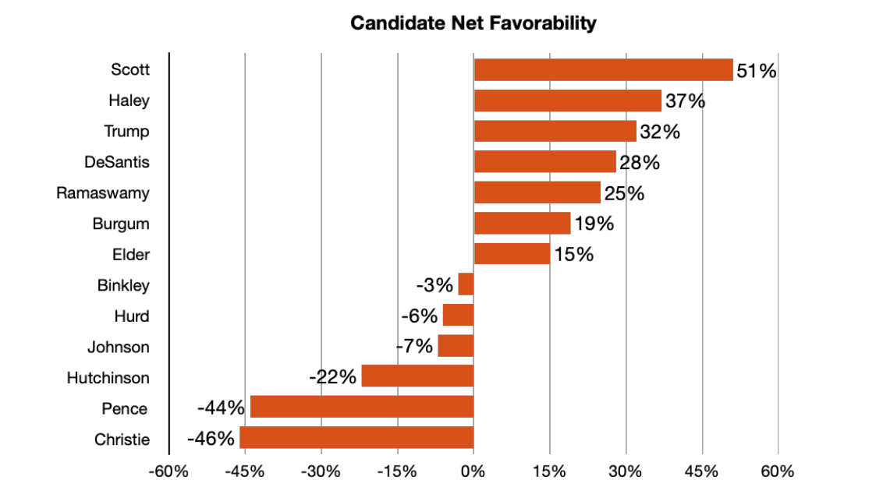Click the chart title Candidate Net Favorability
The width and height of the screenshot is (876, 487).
[473, 23]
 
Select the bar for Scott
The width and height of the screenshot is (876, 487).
[603, 69]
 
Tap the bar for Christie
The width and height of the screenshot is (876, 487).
[356, 438]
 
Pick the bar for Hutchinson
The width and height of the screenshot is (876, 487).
[417, 376]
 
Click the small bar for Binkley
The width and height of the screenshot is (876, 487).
[466, 284]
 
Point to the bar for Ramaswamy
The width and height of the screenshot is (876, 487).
[537, 192]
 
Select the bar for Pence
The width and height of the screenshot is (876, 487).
[362, 407]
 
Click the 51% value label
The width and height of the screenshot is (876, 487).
[757, 71]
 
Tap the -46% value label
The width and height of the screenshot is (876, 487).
[211, 439]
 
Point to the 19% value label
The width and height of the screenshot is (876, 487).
[594, 224]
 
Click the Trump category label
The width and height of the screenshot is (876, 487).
[126, 131]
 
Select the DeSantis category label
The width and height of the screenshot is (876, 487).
[117, 162]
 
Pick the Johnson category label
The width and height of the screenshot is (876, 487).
[118, 347]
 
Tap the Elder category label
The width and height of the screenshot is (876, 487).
[130, 254]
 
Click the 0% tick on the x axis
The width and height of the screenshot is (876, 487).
[473, 471]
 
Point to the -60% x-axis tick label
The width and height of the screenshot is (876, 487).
[169, 471]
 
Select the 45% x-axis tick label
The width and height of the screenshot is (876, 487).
[701, 471]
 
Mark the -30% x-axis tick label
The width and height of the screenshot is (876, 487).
[321, 471]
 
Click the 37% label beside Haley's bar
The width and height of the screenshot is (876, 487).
[685, 101]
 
